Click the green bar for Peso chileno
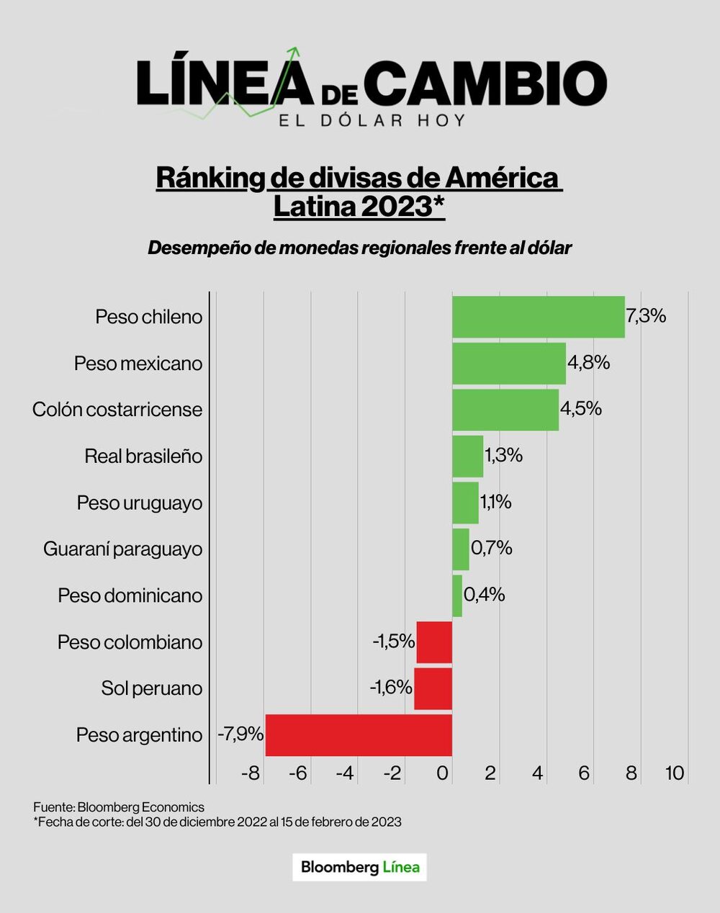pyautogui.click(x=538, y=317)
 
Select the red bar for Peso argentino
pyautogui.click(x=359, y=735)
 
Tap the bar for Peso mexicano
pyautogui.click(x=508, y=363)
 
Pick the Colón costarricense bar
pyautogui.click(x=505, y=410)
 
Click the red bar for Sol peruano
pyautogui.click(x=433, y=688)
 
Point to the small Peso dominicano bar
pyautogui.click(x=457, y=595)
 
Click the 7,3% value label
pyautogui.click(x=646, y=316)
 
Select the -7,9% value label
pyautogui.click(x=240, y=734)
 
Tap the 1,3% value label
pyautogui.click(x=503, y=455)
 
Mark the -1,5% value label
pyautogui.click(x=393, y=641)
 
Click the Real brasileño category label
pyautogui.click(x=143, y=456)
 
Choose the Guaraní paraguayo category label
pyautogui.click(x=122, y=549)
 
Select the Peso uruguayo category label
pyautogui.click(x=140, y=503)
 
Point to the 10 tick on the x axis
pyautogui.click(x=674, y=773)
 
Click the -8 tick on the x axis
pyautogui.click(x=250, y=773)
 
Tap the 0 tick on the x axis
pyautogui.click(x=443, y=773)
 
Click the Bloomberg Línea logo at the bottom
pyautogui.click(x=360, y=867)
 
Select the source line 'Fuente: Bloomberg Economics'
pyautogui.click(x=119, y=807)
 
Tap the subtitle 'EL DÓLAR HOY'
pyautogui.click(x=372, y=120)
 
